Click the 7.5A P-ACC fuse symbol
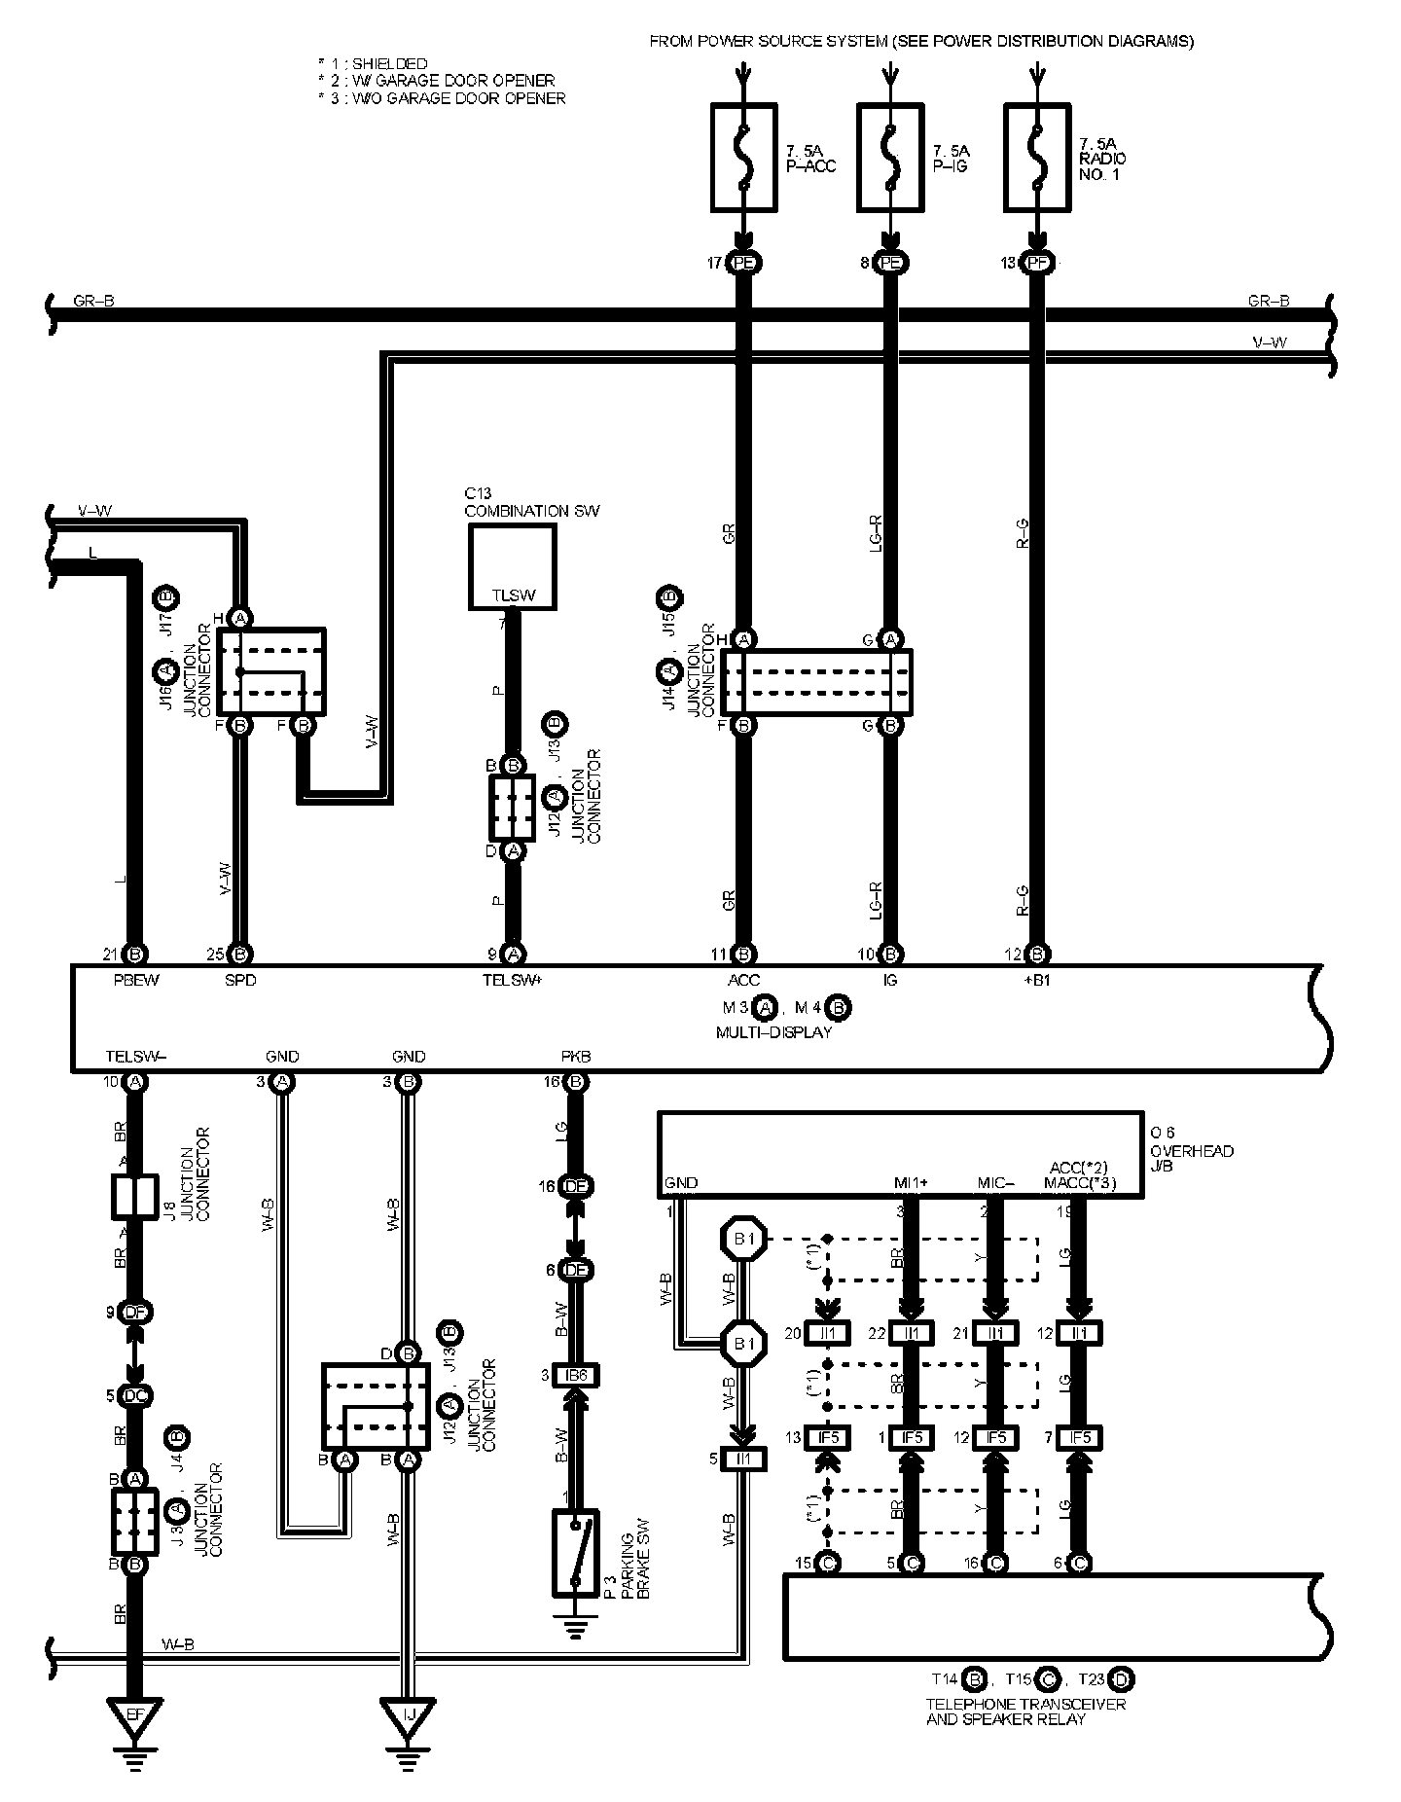tap(744, 159)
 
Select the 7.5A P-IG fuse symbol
tap(890, 159)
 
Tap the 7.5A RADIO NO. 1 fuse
tap(1037, 159)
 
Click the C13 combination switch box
tap(513, 567)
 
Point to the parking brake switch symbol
tap(575, 1553)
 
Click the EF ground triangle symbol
tap(136, 1721)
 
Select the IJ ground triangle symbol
tap(409, 1721)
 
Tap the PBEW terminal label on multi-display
tap(135, 980)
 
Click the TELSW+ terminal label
tap(512, 980)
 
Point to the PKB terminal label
tap(575, 1057)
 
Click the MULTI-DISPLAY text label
tap(773, 1032)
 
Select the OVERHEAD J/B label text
tap(1191, 1158)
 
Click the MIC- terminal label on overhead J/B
tap(995, 1183)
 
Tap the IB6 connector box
tap(576, 1376)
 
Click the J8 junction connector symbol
tap(135, 1196)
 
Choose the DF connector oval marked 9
tap(136, 1313)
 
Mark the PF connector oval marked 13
tap(1037, 263)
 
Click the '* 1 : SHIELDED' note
tap(373, 64)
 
